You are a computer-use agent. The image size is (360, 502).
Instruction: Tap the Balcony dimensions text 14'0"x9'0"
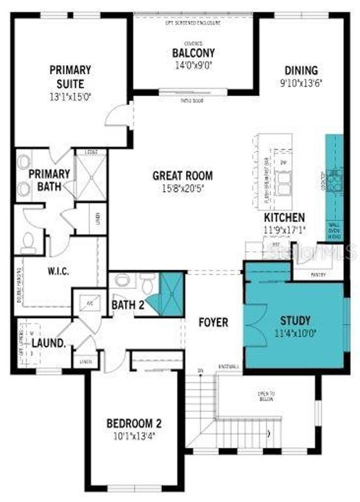point(193,65)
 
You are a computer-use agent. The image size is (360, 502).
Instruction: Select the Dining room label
point(301,71)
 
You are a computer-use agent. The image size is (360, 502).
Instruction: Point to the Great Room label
point(182,175)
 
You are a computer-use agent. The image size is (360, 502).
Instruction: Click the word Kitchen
point(284,217)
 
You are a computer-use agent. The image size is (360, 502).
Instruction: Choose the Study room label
point(295,321)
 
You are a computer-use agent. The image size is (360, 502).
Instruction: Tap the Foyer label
point(213,322)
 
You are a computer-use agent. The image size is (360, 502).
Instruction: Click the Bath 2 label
point(127,304)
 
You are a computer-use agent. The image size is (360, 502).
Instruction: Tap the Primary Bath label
point(49,180)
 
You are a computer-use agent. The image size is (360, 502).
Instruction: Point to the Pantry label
point(318,275)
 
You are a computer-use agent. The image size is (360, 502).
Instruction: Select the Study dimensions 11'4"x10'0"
point(295,332)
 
